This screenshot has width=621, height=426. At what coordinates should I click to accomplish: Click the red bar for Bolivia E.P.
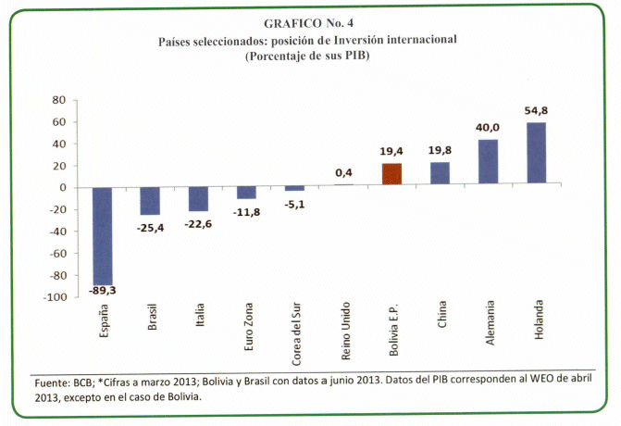tap(392, 175)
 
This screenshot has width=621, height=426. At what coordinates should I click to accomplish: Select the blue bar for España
tap(103, 236)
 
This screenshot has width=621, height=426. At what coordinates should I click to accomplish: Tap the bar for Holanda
tap(537, 155)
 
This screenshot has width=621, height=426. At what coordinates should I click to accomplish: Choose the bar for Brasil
tap(151, 201)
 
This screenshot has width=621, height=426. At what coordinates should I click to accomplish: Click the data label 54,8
tap(538, 111)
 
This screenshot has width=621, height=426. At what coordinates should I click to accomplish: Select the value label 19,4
tap(391, 152)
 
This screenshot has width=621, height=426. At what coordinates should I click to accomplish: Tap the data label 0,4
tap(343, 172)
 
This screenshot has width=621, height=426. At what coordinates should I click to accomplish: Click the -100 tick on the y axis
tap(54, 297)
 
